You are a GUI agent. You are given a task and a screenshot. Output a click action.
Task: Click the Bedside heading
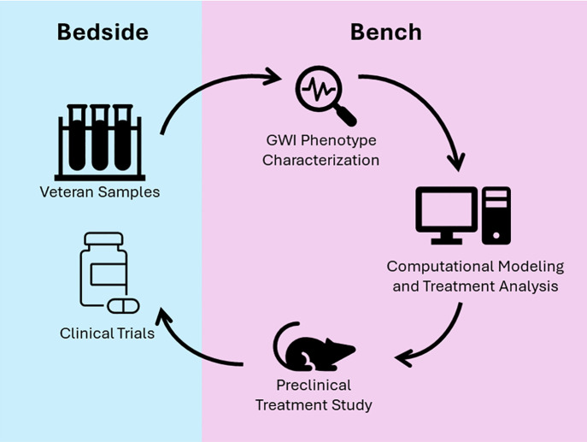[103, 32]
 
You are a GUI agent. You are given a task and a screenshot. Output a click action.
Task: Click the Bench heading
[386, 32]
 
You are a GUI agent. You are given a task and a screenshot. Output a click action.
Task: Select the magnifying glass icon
[326, 96]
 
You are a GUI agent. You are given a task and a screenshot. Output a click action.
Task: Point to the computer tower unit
[496, 215]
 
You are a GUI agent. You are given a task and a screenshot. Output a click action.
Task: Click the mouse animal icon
[314, 346]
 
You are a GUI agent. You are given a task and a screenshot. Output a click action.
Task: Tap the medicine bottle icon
[103, 269]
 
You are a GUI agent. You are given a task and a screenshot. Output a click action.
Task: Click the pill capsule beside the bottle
[123, 306]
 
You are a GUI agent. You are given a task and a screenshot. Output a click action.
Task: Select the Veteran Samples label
[100, 192]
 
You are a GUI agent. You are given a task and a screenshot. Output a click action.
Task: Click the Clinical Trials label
[107, 333]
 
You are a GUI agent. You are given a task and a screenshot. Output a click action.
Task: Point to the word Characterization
[320, 161]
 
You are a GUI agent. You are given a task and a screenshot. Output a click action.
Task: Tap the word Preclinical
[314, 385]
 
